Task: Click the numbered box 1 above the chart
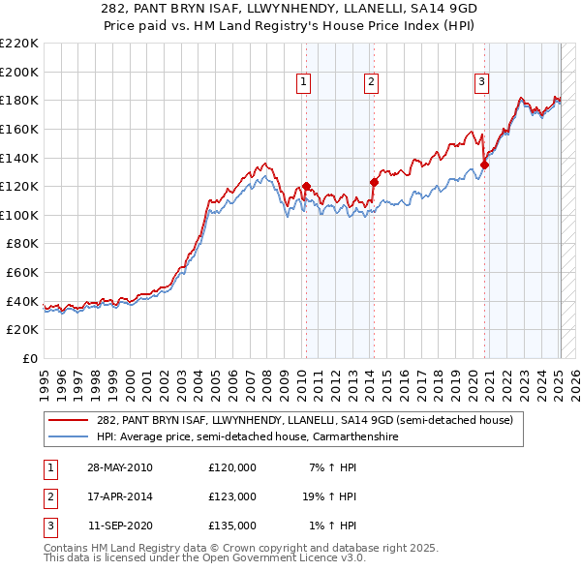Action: coord(304,82)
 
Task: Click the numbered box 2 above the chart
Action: coord(371,82)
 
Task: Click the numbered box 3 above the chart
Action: coord(481,82)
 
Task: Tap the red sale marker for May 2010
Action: coord(307,186)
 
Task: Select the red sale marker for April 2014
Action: coord(374,181)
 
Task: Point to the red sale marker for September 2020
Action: coord(484,165)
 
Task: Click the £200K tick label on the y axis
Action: coord(19,72)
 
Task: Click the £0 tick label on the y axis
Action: coord(31,359)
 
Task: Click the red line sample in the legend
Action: coord(69,420)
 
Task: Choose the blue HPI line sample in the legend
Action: coord(69,437)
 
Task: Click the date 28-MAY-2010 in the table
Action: coord(120,468)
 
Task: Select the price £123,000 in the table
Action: coord(232,497)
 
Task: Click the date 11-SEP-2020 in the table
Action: coord(120,526)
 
